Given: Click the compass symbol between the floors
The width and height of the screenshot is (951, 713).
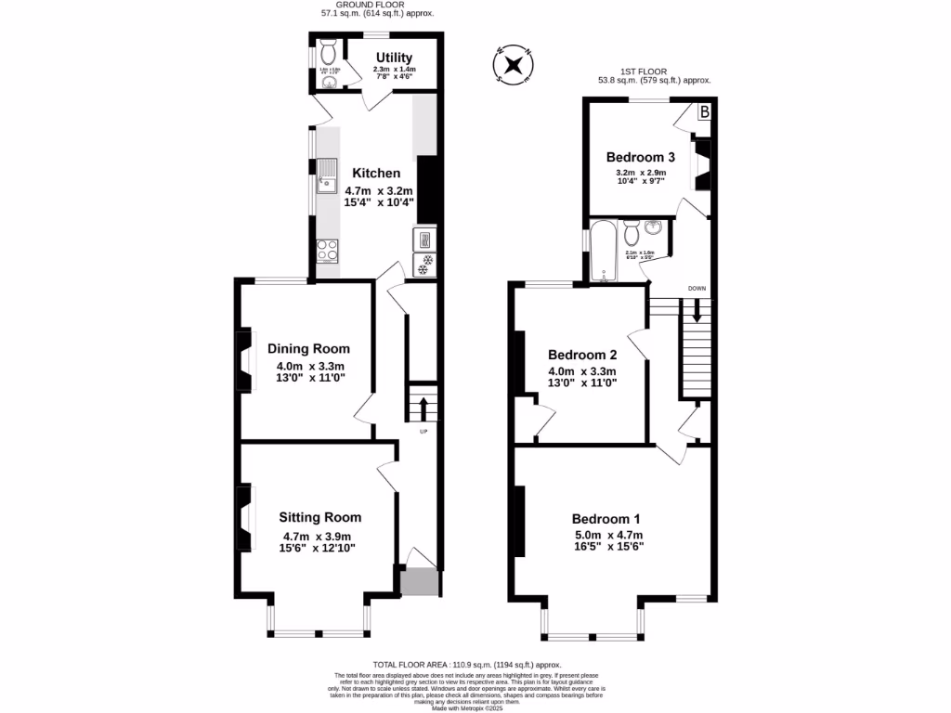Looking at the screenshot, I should click(x=512, y=65).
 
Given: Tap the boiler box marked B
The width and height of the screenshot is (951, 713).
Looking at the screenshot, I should click(x=704, y=112).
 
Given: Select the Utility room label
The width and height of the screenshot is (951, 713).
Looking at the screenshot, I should click(x=394, y=58).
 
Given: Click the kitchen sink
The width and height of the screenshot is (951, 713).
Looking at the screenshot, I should click(x=327, y=174).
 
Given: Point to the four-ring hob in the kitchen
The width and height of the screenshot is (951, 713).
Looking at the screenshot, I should click(x=328, y=249).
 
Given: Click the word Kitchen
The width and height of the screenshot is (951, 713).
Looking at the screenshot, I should click(x=376, y=173).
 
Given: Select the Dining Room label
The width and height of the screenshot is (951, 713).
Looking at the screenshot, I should click(x=308, y=349).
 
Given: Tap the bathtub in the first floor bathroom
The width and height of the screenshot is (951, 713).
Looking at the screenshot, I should click(x=605, y=251).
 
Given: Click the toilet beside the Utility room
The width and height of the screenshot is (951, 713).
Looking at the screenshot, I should click(x=326, y=47).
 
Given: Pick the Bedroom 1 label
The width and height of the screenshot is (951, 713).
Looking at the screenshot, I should click(x=606, y=519).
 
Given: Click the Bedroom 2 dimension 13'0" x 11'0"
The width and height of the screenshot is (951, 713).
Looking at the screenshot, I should click(x=582, y=382).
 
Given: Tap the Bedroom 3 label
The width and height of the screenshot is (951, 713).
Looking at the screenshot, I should click(x=640, y=157).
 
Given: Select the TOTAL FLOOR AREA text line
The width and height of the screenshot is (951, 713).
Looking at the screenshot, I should click(x=468, y=665).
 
